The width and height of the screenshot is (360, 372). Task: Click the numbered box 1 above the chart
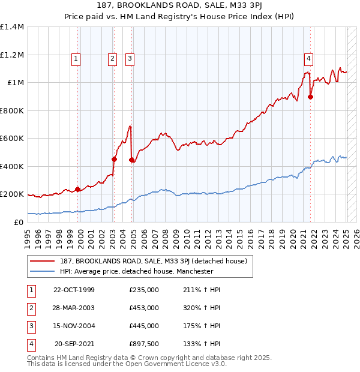click(76, 59)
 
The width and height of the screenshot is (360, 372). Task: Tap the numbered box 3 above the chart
click(130, 59)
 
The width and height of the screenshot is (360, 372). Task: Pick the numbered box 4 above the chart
click(308, 59)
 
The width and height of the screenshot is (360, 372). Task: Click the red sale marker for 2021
click(310, 97)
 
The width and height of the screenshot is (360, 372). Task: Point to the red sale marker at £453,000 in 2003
click(114, 159)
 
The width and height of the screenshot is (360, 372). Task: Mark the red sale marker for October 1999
click(78, 189)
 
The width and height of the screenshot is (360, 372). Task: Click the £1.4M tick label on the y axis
click(12, 27)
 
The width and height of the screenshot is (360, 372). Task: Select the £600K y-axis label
click(12, 139)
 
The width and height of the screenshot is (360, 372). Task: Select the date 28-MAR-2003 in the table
click(74, 308)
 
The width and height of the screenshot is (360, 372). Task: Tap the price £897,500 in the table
click(144, 344)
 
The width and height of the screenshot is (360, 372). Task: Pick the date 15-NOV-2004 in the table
click(74, 326)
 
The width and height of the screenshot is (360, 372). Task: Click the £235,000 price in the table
click(144, 290)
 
